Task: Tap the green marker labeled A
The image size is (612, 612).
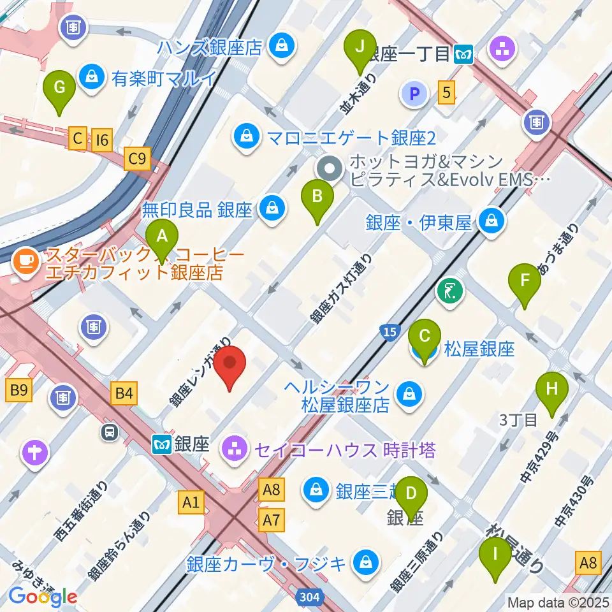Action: tap(162, 241)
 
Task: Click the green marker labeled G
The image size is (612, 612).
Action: tap(59, 91)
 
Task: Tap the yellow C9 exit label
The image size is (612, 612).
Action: tap(138, 159)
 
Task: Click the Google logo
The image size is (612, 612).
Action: tap(43, 596)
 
